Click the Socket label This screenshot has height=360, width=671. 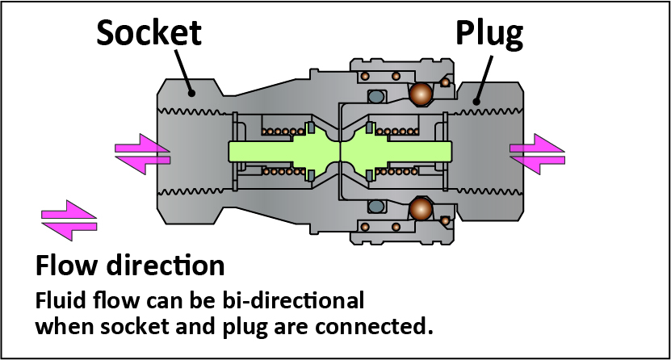149,33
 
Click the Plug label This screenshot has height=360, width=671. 489,33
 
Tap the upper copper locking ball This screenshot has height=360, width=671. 420,95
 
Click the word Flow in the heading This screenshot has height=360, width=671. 64,266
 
